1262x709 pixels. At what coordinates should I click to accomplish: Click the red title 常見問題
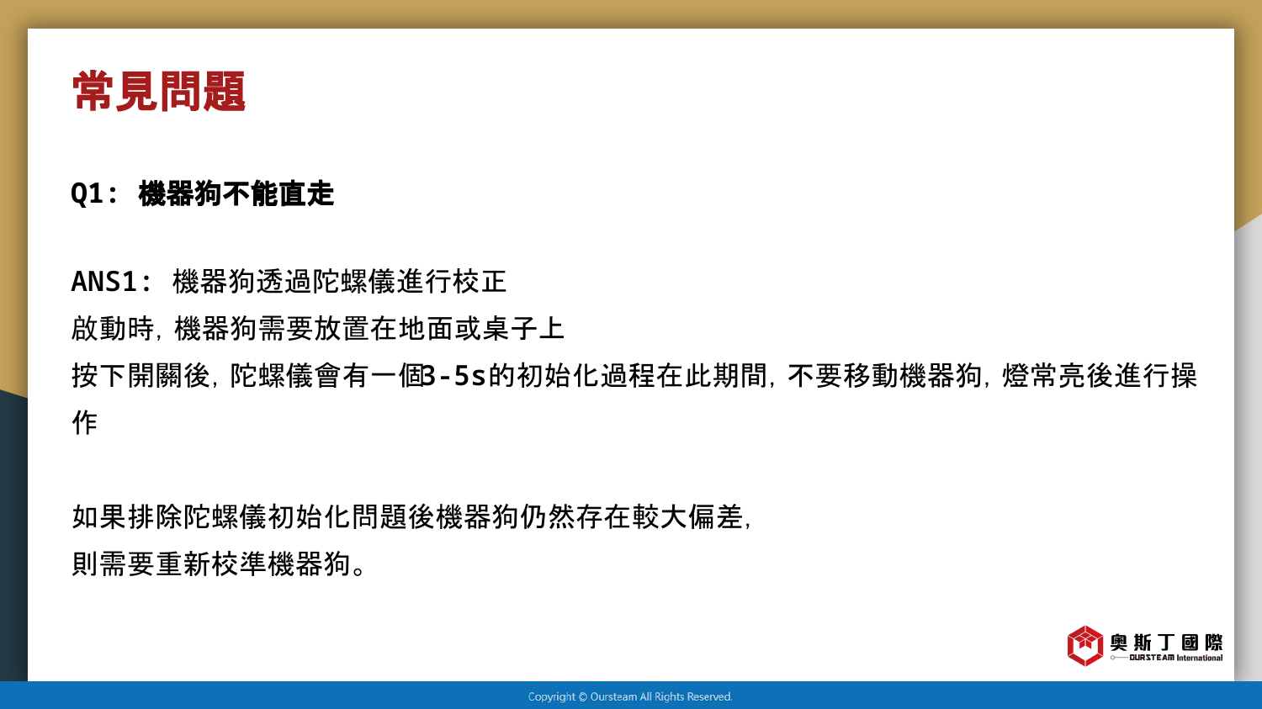tap(159, 91)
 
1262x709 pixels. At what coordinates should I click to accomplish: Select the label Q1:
tap(94, 193)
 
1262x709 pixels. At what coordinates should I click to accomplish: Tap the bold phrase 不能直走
tap(278, 193)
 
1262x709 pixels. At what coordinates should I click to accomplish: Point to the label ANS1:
tap(111, 282)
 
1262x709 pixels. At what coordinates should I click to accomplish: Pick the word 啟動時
tap(113, 328)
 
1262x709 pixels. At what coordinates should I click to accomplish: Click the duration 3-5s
tap(454, 376)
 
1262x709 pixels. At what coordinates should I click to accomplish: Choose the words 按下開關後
tap(141, 376)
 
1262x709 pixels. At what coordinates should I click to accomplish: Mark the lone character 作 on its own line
tap(85, 422)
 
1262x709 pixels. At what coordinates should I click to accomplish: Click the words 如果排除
tap(127, 516)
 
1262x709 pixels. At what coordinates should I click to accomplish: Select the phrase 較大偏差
tap(687, 516)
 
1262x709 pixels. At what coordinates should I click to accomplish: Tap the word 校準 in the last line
tap(239, 563)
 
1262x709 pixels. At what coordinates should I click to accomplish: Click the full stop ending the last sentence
tap(358, 570)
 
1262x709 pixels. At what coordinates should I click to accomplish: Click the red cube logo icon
tap(1084, 645)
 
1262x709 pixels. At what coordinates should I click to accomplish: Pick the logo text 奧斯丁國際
tap(1166, 643)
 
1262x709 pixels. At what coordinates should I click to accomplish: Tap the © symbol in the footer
tap(583, 697)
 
